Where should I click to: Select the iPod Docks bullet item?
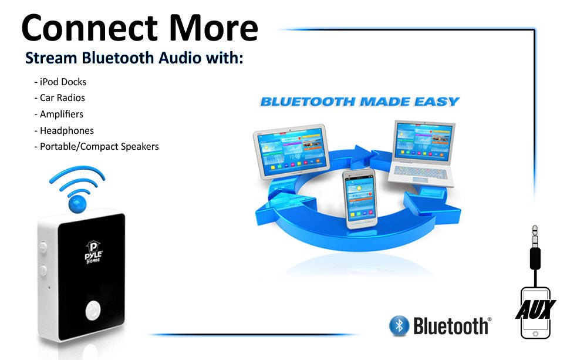click(60, 82)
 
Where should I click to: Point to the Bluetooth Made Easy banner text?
click(359, 102)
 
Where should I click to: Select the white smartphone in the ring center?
click(359, 198)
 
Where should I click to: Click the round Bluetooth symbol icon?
click(399, 325)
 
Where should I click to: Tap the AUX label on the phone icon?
click(535, 309)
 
